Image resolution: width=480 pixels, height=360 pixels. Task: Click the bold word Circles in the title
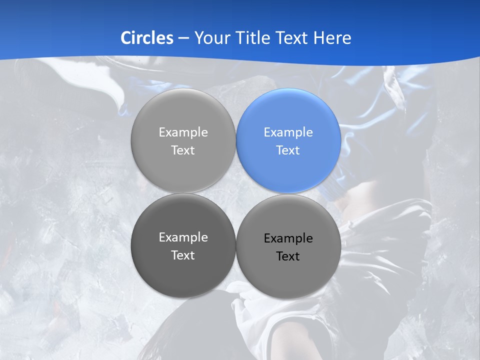(x=146, y=38)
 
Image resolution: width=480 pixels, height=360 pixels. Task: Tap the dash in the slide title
(x=183, y=38)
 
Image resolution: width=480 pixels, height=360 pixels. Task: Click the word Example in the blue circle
(x=288, y=132)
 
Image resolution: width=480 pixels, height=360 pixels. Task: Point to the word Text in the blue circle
(x=288, y=150)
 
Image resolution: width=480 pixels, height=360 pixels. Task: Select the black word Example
(x=288, y=238)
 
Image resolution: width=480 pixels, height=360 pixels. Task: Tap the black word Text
(x=288, y=256)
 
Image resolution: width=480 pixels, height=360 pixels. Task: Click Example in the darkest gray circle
(x=183, y=237)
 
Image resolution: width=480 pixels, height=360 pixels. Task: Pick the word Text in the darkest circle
(x=183, y=255)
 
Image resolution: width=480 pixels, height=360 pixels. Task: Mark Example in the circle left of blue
(x=183, y=132)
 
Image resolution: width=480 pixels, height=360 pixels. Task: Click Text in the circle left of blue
(x=183, y=150)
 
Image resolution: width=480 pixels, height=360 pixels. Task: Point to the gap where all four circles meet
(x=236, y=193)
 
